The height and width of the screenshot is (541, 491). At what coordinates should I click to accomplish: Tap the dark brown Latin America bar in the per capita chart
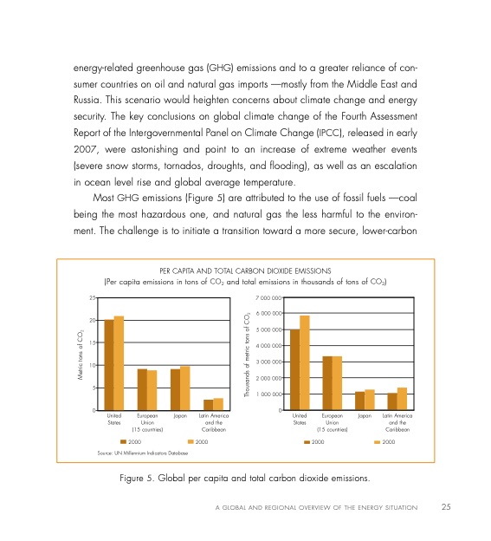208,404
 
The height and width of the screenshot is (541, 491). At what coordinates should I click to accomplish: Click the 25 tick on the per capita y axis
92,297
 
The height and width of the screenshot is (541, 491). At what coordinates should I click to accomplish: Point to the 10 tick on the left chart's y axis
92,365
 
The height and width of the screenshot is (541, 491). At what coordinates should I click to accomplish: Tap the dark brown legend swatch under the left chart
123,441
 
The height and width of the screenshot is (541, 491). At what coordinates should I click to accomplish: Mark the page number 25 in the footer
446,506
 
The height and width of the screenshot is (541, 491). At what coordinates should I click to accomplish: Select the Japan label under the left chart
180,416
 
